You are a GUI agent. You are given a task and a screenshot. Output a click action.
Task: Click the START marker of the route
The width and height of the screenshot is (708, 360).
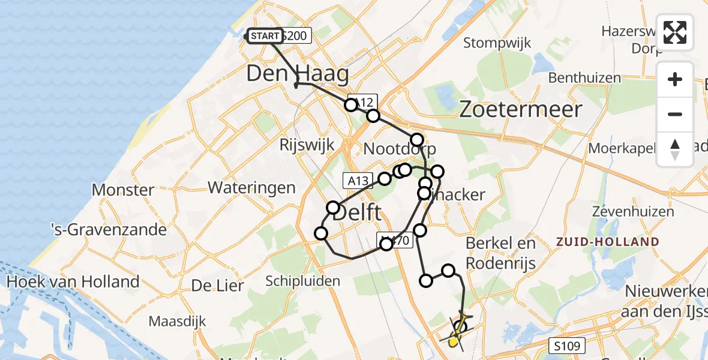pos(265,36)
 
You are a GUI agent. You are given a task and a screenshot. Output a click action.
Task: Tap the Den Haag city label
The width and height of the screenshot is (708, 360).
pos(298,74)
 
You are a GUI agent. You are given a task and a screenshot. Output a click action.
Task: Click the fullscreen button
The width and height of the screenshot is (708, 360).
pos(675,32)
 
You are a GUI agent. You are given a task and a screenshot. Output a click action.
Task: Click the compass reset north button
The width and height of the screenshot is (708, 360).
pos(675,149)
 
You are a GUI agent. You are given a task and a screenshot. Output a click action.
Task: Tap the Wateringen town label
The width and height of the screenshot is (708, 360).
pos(251,187)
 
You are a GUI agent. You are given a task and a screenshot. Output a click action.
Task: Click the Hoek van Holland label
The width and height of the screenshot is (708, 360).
pos(73,281)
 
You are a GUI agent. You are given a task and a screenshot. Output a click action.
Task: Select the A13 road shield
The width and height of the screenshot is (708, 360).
pos(356,179)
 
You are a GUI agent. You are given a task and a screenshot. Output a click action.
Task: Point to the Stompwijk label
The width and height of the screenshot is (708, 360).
pos(495,43)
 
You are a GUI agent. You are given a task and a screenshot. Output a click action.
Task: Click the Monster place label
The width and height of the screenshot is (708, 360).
pos(123,190)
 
